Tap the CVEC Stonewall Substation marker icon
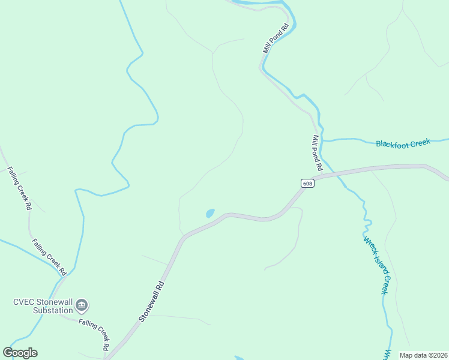point(82,306)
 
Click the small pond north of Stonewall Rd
point(209,213)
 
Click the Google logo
point(20,353)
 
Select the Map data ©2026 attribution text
point(423,355)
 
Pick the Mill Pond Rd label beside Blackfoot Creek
point(318,152)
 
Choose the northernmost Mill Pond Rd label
point(276,38)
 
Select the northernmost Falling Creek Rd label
point(20,188)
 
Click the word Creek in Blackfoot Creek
point(421,142)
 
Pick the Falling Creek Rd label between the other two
point(48,254)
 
